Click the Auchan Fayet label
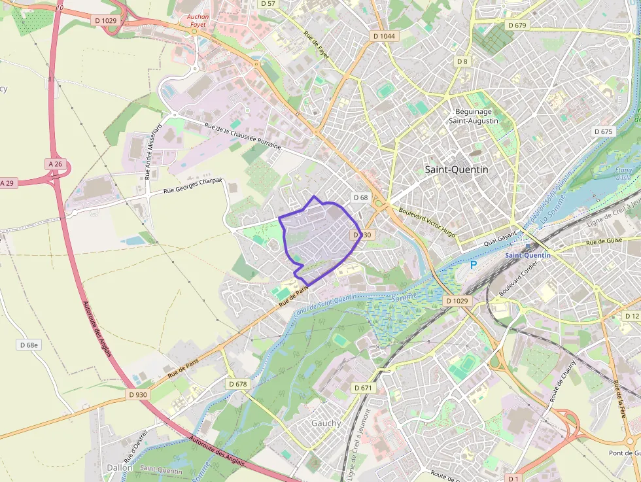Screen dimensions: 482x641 (x=196, y=21)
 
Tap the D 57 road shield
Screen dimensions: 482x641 (x=268, y=4)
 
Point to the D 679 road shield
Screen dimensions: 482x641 (x=516, y=26)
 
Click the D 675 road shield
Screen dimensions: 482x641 (x=604, y=131)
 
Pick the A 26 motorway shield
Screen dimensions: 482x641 (x=55, y=163)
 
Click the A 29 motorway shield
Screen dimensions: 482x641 (x=7, y=183)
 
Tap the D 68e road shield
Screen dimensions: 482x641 (x=29, y=345)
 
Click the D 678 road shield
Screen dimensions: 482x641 (x=238, y=384)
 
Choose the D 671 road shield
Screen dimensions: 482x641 (x=364, y=388)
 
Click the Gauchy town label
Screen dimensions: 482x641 (x=326, y=423)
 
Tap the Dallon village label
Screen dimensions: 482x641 (x=120, y=468)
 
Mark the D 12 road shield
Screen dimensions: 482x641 (x=631, y=317)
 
